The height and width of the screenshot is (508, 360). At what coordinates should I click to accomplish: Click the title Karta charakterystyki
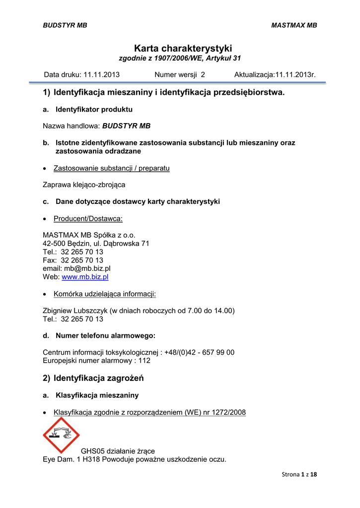coord(183,48)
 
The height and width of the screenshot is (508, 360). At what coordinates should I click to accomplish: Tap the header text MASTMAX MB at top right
coord(294,25)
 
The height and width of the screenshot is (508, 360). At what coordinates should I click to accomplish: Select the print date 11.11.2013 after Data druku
coord(101,75)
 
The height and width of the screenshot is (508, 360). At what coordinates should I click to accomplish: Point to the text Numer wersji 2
coord(180,75)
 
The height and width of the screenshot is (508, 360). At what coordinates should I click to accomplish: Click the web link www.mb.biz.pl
coord(85,277)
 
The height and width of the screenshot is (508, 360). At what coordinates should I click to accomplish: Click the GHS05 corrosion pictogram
coord(61,435)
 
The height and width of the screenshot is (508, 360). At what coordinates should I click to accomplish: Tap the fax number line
coord(73,260)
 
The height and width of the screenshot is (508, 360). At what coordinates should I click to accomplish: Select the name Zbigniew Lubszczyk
coord(75,311)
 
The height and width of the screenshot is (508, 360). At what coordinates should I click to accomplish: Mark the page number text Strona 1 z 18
coord(299,474)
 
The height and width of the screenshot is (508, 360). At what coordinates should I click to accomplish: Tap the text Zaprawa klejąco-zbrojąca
coord(84,185)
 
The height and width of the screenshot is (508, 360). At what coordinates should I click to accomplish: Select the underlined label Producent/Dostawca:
coord(88,218)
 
